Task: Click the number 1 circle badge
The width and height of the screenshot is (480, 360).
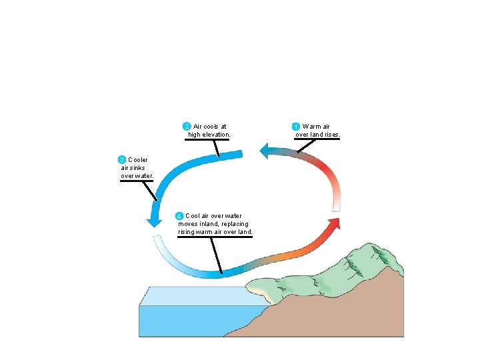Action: [297, 127]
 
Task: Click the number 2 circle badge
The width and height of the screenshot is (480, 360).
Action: [187, 126]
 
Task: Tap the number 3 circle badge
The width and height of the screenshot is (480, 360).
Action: [121, 160]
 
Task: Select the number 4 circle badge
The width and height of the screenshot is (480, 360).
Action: [179, 216]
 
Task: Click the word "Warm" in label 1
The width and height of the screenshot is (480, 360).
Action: [310, 127]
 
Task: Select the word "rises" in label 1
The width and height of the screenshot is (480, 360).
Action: [332, 135]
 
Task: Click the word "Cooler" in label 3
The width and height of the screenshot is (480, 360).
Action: [138, 160]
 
